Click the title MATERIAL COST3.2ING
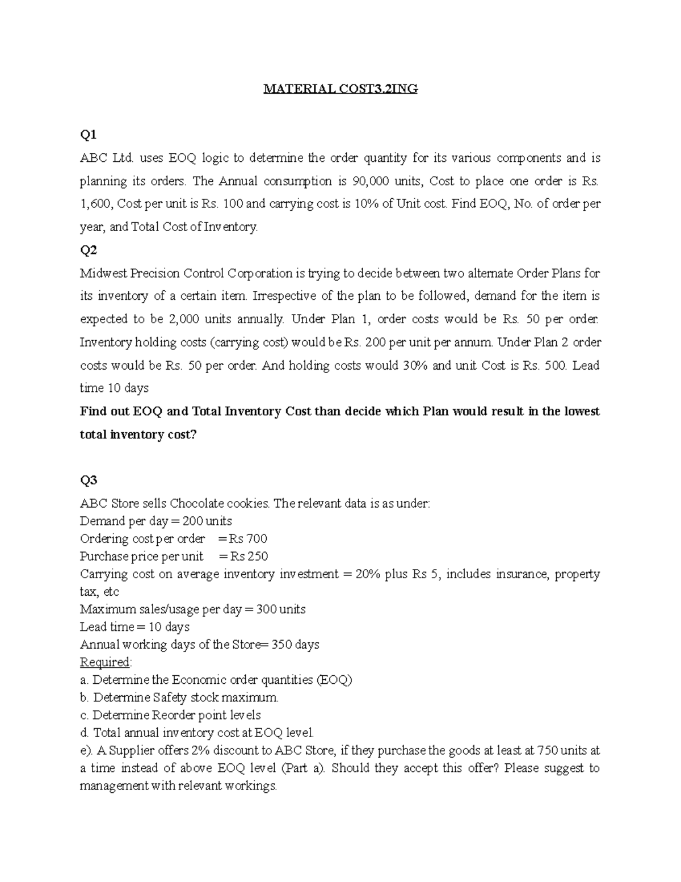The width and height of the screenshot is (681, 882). point(340,89)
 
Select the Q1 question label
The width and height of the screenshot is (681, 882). point(89,135)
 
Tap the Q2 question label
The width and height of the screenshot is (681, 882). point(89,250)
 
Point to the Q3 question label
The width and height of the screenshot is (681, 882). point(89,480)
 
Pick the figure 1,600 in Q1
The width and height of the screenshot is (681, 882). point(95,204)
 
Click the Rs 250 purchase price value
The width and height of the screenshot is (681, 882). point(247,556)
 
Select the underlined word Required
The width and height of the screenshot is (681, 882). point(105,662)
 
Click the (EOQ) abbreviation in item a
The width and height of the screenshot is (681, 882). point(334,680)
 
